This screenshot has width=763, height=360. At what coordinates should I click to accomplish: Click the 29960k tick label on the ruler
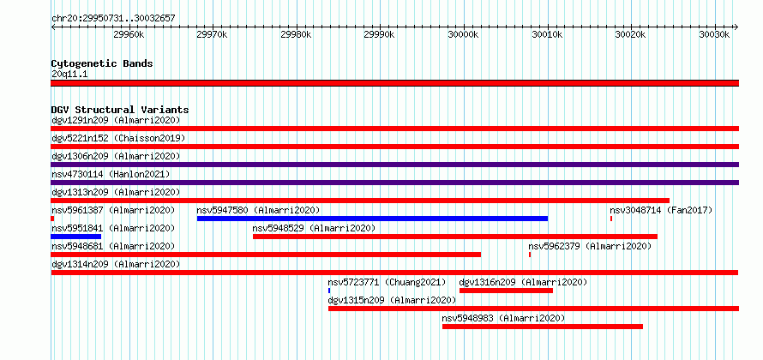(129, 34)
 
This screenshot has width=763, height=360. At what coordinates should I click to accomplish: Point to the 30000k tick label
(463, 34)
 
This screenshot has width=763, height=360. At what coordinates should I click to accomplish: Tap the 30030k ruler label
(714, 34)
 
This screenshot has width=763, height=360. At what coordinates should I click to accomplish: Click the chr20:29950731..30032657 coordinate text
(113, 19)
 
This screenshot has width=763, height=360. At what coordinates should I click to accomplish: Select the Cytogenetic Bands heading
(102, 63)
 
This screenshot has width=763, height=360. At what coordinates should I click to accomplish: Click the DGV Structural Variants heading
(120, 110)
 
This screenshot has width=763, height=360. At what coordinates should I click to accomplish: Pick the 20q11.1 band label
(69, 75)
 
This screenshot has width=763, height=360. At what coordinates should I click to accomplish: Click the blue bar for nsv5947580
(372, 219)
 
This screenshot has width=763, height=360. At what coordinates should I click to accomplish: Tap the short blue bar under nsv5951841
(76, 237)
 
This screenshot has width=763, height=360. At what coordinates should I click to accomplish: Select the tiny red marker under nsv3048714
(611, 219)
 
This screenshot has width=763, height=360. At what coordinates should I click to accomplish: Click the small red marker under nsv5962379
(530, 255)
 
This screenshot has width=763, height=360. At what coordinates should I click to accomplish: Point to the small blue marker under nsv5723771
(329, 291)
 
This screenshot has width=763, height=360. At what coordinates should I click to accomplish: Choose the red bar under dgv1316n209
(506, 291)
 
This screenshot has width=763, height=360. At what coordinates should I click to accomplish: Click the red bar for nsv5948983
(543, 327)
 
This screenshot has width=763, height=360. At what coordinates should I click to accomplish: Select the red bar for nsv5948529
(455, 237)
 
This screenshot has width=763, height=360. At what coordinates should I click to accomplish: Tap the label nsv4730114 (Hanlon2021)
(111, 174)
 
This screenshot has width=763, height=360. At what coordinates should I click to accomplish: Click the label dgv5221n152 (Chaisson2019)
(118, 139)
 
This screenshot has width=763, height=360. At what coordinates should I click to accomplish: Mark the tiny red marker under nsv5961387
(52, 219)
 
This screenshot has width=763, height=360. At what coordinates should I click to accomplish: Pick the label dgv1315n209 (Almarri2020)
(392, 301)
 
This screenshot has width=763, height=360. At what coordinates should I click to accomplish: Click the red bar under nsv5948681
(266, 255)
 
